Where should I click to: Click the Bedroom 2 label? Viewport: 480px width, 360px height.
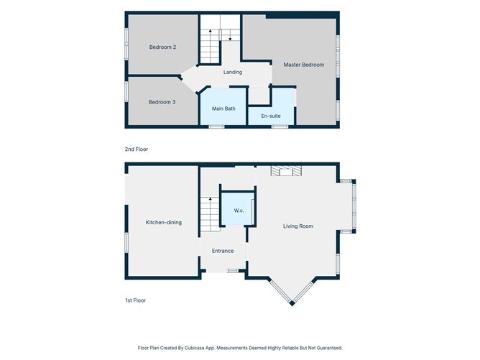tap(162, 47)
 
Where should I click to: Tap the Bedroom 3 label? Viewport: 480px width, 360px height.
tap(162, 102)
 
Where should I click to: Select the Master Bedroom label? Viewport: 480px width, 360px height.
tap(304, 65)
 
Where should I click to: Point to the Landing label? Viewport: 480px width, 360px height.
tap(233, 73)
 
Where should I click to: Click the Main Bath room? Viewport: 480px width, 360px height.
tap(223, 106)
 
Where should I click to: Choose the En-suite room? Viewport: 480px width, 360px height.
tap(271, 116)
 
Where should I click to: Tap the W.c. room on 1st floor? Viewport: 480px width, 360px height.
tap(238, 209)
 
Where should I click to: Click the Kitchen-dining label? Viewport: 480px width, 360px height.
tap(164, 223)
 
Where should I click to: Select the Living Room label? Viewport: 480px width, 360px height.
tap(298, 226)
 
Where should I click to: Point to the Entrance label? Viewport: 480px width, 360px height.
tap(223, 251)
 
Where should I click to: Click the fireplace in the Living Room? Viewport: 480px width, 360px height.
tap(286, 171)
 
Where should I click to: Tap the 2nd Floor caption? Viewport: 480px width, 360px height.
tap(137, 149)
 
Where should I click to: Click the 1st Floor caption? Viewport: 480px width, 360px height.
tap(135, 300)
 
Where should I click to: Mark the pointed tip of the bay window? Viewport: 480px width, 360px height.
tap(292, 304)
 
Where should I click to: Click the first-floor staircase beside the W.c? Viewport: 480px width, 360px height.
tap(210, 214)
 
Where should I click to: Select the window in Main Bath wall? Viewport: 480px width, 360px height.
tap(217, 126)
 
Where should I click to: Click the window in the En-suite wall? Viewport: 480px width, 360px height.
tap(280, 126)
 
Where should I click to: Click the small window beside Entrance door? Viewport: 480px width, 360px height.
tap(233, 271)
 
